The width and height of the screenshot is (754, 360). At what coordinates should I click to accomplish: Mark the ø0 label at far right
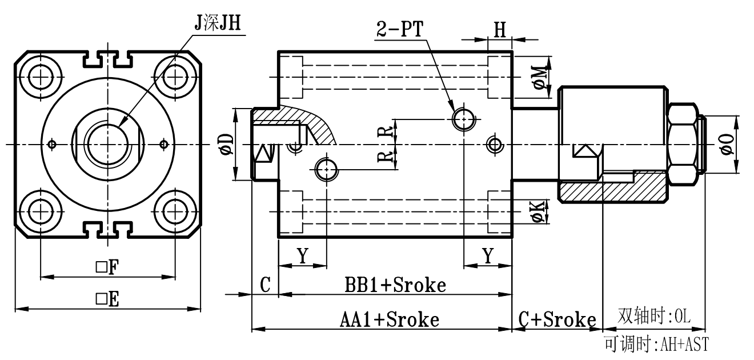pyautogui.click(x=727, y=143)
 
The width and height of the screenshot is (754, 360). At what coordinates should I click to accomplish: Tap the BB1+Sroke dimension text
pyautogui.click(x=395, y=285)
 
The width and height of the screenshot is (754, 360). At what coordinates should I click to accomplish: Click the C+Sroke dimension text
pyautogui.click(x=557, y=319)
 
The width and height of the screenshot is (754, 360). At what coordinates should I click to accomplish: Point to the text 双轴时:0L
pyautogui.click(x=655, y=316)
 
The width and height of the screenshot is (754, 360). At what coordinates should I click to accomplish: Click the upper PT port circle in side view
pyautogui.click(x=463, y=119)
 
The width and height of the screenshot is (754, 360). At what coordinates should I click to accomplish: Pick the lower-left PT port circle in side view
pyautogui.click(x=326, y=168)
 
